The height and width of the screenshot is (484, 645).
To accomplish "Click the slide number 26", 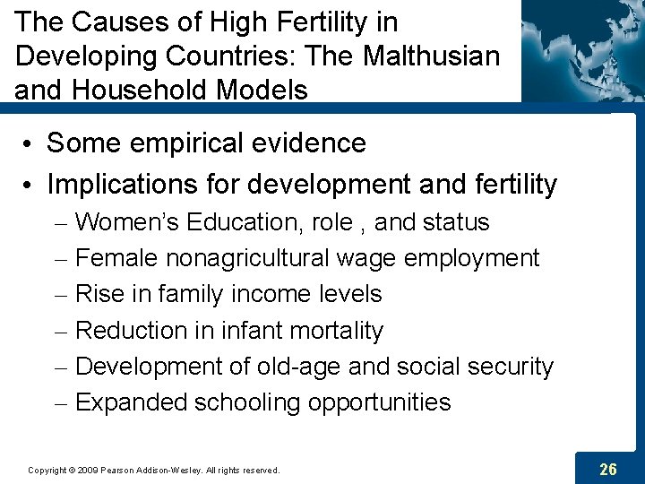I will click(608, 468).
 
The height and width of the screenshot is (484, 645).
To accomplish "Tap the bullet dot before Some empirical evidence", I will click(30, 143).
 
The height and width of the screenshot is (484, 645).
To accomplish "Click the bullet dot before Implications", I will click(30, 186).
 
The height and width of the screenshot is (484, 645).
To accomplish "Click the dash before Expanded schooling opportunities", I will click(61, 403).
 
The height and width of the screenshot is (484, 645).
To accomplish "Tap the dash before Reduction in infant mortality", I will click(61, 331).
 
